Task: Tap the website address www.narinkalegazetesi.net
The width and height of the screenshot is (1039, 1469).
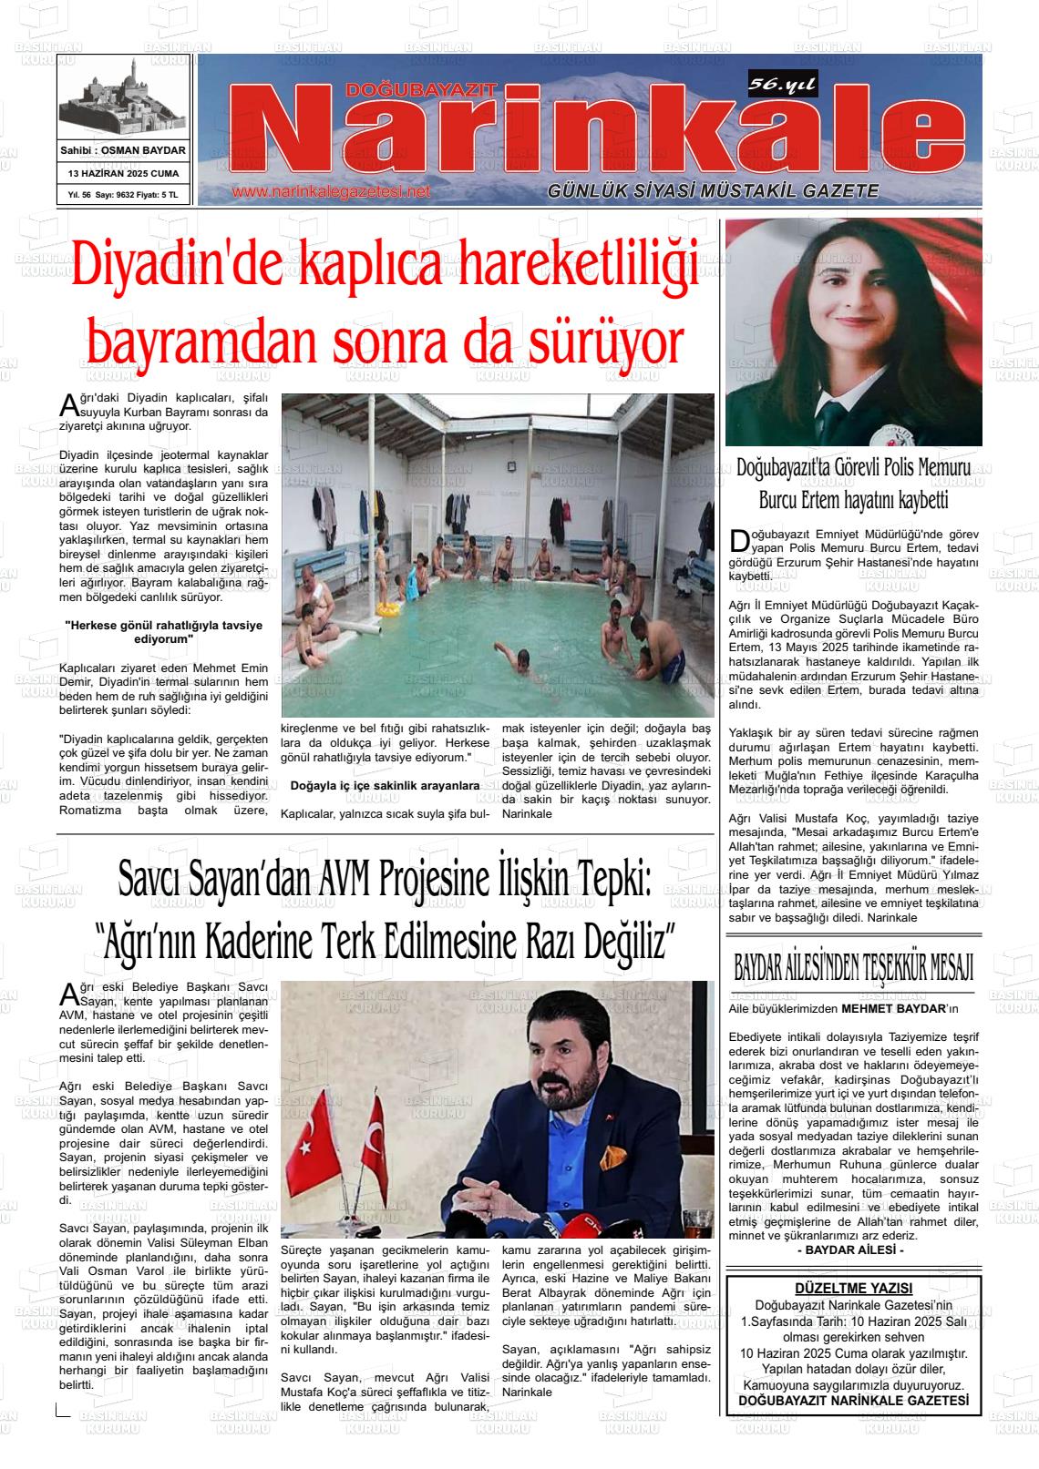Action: coord(331,192)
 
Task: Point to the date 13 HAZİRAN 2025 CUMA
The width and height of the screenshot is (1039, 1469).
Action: coord(123,173)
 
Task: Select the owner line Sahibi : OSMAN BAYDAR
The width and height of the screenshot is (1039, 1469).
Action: coord(123,150)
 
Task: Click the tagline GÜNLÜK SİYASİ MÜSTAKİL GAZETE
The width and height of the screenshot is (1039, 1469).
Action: coord(713,191)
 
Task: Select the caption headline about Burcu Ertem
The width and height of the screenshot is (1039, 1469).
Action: coord(853,485)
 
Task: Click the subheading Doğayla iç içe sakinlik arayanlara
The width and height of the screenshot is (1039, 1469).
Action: coord(385,785)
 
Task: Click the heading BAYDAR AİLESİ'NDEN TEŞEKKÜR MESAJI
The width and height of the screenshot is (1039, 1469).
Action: coord(853,968)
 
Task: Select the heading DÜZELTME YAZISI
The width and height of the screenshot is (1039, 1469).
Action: coord(853,1289)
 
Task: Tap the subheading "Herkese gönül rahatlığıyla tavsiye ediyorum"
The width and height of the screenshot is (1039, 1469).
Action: coord(164,632)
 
